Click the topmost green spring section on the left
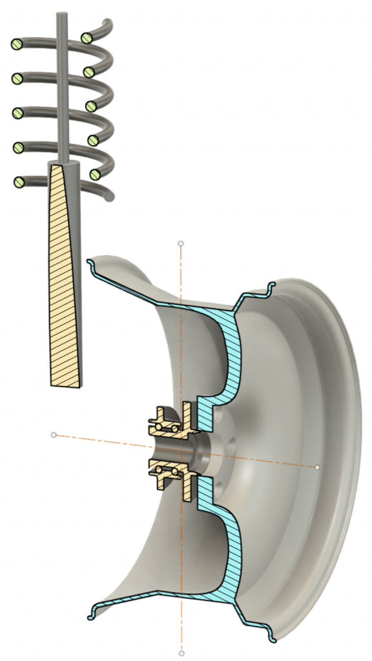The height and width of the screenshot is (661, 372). [17, 45]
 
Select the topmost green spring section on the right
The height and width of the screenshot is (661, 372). [86, 37]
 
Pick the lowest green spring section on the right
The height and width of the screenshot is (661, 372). [96, 174]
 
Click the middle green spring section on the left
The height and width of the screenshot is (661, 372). [17, 114]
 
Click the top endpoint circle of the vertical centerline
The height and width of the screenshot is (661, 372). [181, 245]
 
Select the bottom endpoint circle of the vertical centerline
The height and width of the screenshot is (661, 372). [181, 653]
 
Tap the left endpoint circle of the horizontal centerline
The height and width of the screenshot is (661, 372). [54, 435]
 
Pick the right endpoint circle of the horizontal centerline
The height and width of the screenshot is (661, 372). [317, 466]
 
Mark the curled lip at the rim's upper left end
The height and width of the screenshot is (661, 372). [90, 262]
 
